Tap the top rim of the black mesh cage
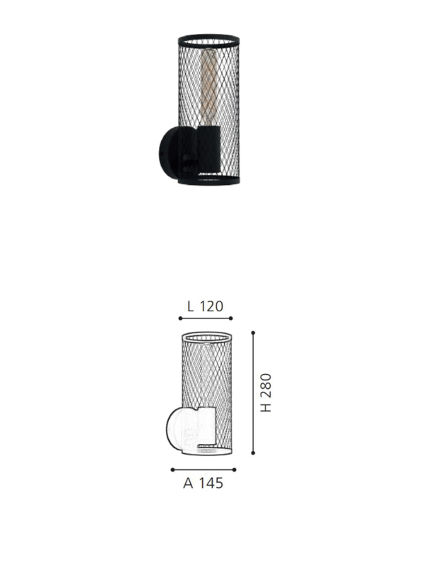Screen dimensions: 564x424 pyautogui.click(x=208, y=35)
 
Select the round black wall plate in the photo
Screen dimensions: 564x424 pyautogui.click(x=168, y=155)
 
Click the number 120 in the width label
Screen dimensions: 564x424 pyautogui.click(x=211, y=306)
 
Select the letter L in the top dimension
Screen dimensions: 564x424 pyautogui.click(x=191, y=306)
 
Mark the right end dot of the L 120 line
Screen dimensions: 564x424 pyautogui.click(x=231, y=319)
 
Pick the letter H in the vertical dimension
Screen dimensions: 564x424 pyautogui.click(x=266, y=408)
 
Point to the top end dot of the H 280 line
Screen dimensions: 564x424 pyautogui.click(x=253, y=331)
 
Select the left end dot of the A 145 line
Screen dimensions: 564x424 pyautogui.click(x=172, y=469)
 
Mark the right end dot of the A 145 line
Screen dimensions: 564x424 pyautogui.click(x=235, y=469)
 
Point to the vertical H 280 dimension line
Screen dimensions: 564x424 pyautogui.click(x=253, y=393)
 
